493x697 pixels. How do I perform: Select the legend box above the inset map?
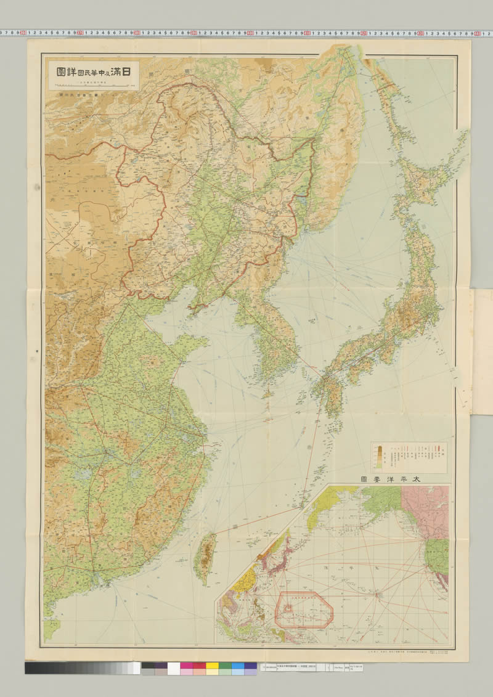(x=409, y=457)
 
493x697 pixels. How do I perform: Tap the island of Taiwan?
(x=205, y=558)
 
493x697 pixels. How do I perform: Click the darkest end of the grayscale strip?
(x=28, y=668)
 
